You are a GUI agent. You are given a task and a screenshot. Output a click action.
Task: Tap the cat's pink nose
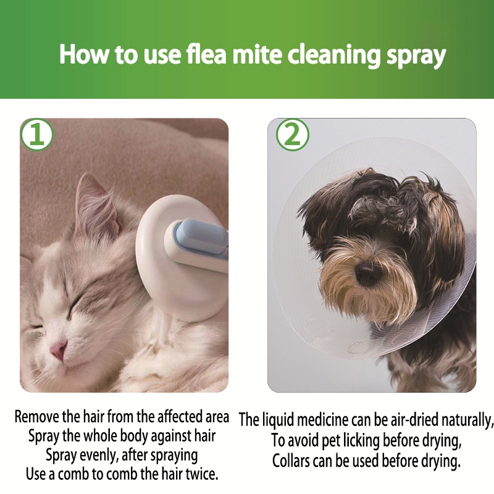tap(59, 350)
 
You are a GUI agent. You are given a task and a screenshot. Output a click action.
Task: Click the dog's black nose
tap(369, 272)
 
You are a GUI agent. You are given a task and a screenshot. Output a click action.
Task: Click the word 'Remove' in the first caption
tap(37, 417)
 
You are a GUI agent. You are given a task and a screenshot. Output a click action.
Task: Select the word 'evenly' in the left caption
tap(94, 456)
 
